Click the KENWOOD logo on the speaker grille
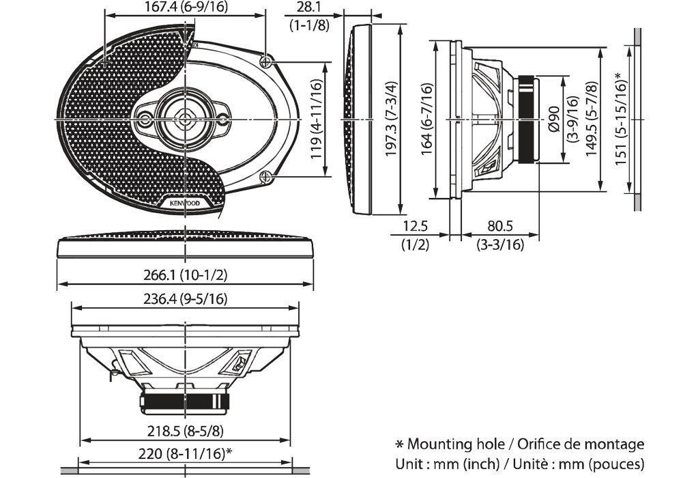click(180, 203)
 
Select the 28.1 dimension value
click(310, 8)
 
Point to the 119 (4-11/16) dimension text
click(316, 119)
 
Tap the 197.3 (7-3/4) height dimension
click(390, 120)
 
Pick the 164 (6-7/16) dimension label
click(427, 120)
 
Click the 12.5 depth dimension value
click(415, 226)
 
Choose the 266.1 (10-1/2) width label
click(185, 275)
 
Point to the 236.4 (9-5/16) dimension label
click(186, 298)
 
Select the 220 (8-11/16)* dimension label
click(186, 453)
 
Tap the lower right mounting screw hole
click(265, 178)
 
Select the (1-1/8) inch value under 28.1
click(310, 25)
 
